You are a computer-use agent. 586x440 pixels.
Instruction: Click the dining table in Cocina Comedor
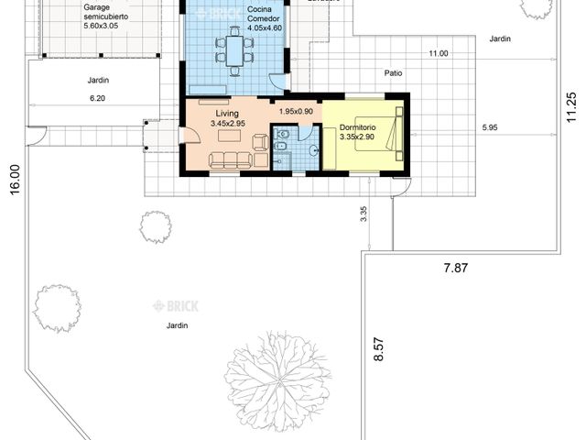point(234,51)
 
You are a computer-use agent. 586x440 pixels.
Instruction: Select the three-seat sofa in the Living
point(230,160)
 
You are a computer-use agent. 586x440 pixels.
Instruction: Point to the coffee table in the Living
point(230,137)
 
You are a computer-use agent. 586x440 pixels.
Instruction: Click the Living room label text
point(227,113)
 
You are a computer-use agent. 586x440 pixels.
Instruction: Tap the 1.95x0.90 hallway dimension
point(296,111)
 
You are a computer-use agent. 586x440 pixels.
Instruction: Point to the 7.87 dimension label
point(455,268)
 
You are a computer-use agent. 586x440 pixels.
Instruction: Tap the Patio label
point(393,71)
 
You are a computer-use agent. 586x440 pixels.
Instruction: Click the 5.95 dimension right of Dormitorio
point(491,127)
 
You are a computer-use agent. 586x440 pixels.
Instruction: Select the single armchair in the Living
point(260,141)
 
